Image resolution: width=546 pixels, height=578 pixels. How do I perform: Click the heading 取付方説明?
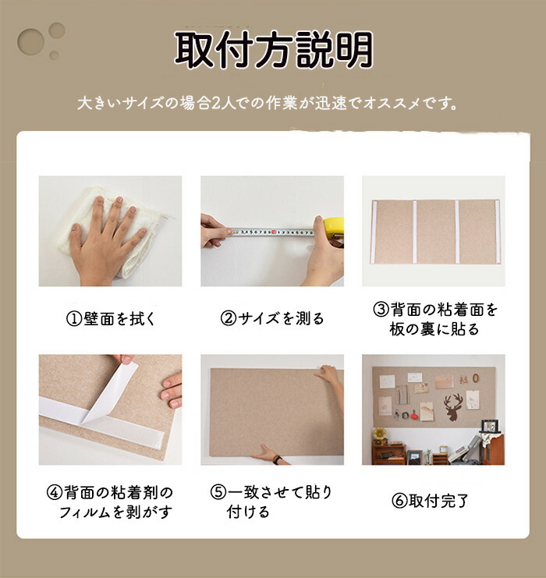pos(274,50)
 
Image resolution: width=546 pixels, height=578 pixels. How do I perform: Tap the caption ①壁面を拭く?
pos(111,319)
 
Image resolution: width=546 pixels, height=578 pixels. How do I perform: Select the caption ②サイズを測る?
pos(272,318)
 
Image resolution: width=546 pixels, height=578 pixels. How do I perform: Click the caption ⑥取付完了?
pos(430,501)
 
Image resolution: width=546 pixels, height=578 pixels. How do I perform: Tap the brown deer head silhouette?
pos(453,406)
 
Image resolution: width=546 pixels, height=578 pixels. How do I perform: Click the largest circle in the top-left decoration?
pos(30,41)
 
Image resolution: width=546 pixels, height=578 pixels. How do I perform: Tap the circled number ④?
pos(55,492)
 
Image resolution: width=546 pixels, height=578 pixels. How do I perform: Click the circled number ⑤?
pos(218,492)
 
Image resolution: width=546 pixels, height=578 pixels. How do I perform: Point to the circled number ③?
pos(381,309)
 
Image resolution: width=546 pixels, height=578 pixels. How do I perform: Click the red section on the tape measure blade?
pos(274,232)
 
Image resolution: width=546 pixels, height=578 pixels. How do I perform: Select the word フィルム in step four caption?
pos(84,512)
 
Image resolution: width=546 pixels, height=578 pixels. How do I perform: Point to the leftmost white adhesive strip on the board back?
pos(373,232)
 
